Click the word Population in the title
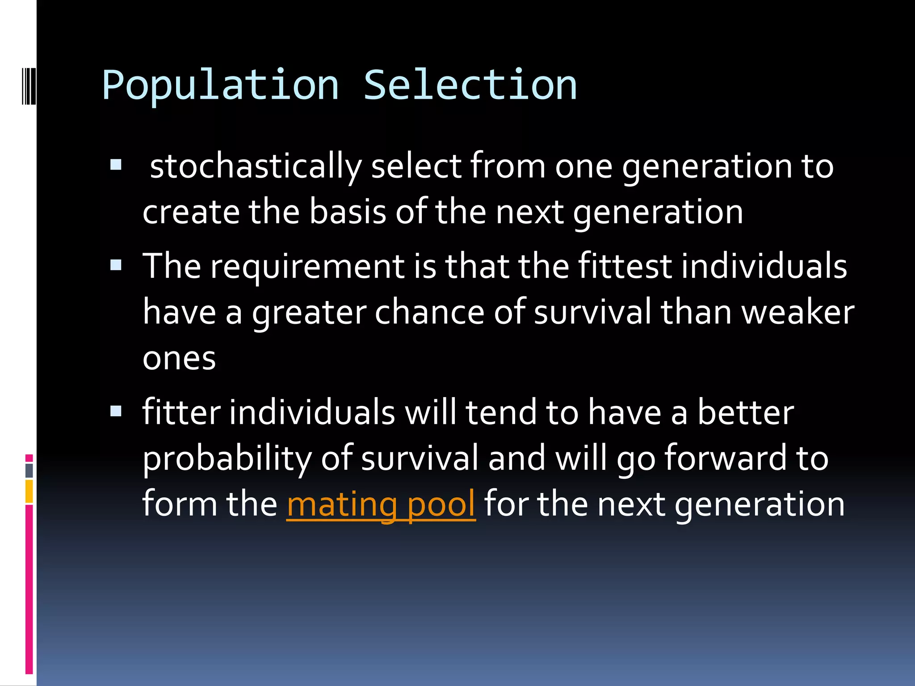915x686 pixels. tap(220, 86)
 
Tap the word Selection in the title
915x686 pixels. tap(470, 85)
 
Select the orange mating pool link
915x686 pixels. tap(381, 504)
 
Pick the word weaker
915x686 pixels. tap(797, 312)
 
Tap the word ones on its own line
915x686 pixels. tap(179, 359)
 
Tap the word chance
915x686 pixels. tap(429, 312)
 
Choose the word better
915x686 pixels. tap(746, 412)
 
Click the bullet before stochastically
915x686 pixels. tap(116, 165)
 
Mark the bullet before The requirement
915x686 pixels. tap(116, 265)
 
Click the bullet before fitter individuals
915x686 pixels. tap(116, 411)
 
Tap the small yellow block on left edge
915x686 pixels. tap(29, 491)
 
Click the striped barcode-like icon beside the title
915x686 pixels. tap(29, 86)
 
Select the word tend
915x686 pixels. tap(500, 412)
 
